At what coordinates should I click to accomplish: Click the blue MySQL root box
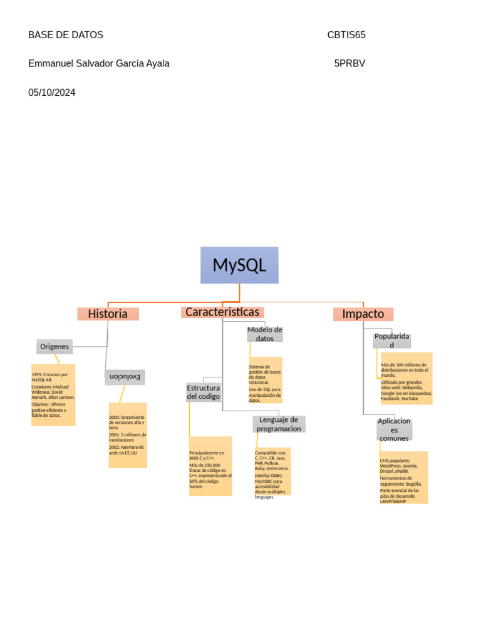coord(239,265)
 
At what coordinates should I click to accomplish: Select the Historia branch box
coord(108,314)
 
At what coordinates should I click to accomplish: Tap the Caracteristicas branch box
coord(222,312)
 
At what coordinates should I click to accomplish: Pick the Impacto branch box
coord(363,314)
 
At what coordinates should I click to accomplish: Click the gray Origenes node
coord(54,346)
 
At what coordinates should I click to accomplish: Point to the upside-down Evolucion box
coord(125,377)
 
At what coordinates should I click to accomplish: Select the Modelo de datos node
coord(265,334)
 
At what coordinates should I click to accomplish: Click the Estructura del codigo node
coord(204,392)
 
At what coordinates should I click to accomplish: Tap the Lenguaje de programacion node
coord(279,424)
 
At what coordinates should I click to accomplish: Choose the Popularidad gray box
coord(392,341)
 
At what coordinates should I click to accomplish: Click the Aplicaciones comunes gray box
coord(395,429)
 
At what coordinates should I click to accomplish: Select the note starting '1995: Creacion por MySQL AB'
coord(53,394)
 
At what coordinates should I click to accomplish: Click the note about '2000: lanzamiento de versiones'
coord(128,435)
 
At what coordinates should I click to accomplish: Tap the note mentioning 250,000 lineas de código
coord(210,466)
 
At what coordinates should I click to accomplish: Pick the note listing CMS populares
coord(404,477)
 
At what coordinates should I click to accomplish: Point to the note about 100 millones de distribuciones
coord(406,378)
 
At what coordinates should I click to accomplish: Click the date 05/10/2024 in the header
coord(52,93)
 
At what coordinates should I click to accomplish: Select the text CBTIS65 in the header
coord(346,35)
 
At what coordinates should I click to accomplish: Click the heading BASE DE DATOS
coord(66,35)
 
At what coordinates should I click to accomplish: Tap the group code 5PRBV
coord(349,63)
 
